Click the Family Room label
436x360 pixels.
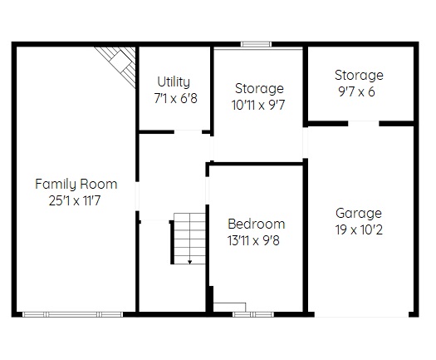pos(76,185)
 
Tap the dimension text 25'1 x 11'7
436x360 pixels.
pos(75,200)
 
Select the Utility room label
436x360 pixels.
pos(174,81)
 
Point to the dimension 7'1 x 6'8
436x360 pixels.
pos(176,98)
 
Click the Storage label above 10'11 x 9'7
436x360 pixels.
pos(259,88)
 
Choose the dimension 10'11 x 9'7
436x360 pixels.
pos(258,106)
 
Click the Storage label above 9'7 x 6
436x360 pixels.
pos(359,75)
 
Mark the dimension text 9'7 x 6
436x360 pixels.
pos(356,91)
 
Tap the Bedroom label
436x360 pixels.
pos(257,224)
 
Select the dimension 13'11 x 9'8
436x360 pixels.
pos(253,240)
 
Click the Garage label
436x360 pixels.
pos(359,214)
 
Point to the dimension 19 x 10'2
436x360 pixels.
pos(359,230)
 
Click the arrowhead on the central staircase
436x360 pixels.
pos(189,262)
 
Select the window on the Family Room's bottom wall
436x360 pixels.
pos(72,314)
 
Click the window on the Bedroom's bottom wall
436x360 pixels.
pos(253,314)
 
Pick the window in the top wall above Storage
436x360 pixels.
pos(256,44)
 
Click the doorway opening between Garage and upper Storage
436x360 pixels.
pos(364,123)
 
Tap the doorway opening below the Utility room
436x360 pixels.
pos(188,131)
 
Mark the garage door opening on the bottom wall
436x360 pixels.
pos(361,314)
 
